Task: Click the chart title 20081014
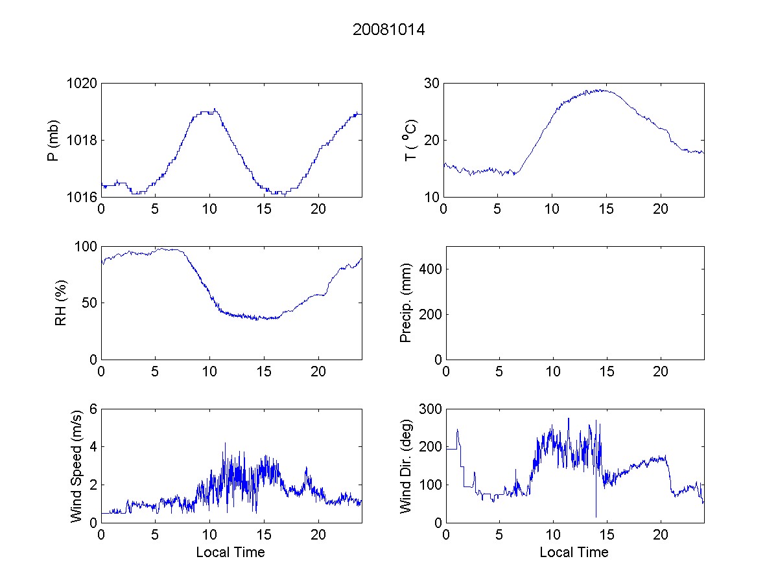click(x=388, y=30)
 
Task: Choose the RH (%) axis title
click(x=61, y=303)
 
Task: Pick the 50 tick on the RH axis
click(x=89, y=303)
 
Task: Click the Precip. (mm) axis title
click(x=406, y=303)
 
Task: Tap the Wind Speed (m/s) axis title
click(x=76, y=465)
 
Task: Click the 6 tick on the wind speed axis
click(x=93, y=409)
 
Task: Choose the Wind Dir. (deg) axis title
click(x=406, y=465)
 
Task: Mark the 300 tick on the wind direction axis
click(x=429, y=409)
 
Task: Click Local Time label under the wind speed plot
click(x=230, y=553)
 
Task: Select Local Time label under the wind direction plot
click(x=574, y=553)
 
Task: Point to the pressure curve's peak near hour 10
click(x=215, y=109)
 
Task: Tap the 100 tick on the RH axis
click(x=86, y=247)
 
